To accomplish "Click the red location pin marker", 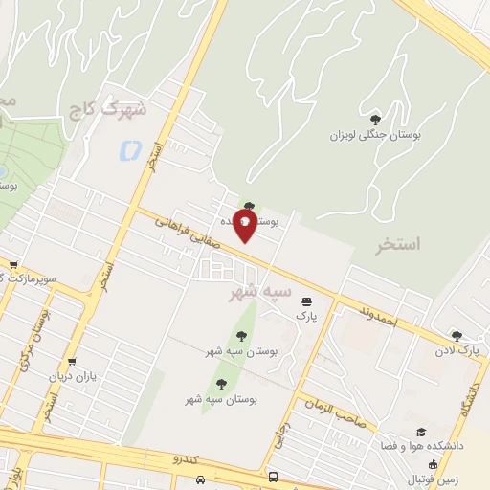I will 246,226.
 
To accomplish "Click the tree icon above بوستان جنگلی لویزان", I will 374,118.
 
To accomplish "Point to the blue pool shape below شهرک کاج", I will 128,149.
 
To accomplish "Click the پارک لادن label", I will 460,351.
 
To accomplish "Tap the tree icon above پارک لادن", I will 457,336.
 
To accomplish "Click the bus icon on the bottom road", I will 274,476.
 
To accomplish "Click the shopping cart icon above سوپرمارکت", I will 12,265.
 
